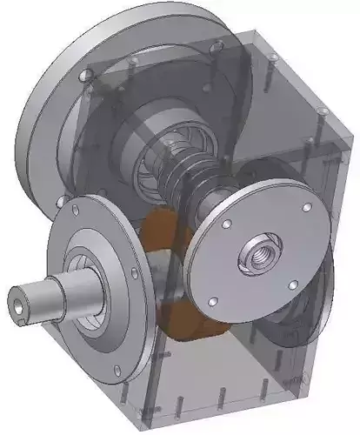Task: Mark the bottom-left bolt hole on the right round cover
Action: (211, 302)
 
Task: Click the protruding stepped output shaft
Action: (43, 296)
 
